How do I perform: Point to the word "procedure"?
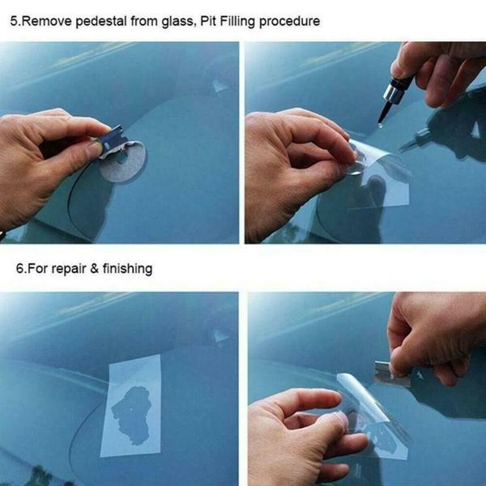pyautogui.click(x=292, y=21)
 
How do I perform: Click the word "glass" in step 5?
pyautogui.click(x=173, y=21)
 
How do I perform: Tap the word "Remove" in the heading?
pyautogui.click(x=47, y=21)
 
